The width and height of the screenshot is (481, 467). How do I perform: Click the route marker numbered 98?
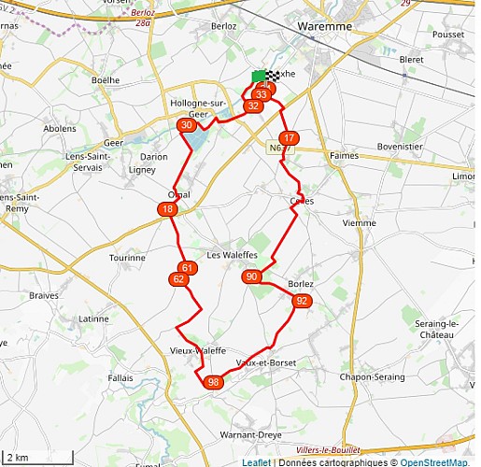tap(214, 382)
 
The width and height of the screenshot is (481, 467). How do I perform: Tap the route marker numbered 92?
tap(301, 301)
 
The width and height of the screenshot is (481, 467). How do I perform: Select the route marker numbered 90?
tap(251, 276)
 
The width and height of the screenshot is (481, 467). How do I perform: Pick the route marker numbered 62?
tap(178, 279)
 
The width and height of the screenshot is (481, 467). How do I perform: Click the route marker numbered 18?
tap(167, 210)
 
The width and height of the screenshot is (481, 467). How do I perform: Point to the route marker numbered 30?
tap(188, 125)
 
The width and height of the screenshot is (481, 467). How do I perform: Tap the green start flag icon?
tap(259, 77)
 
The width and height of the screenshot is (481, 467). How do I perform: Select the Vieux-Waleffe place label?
tap(197, 350)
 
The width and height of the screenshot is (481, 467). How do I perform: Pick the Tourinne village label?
tap(127, 257)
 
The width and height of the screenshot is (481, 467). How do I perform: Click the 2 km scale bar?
tap(37, 457)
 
